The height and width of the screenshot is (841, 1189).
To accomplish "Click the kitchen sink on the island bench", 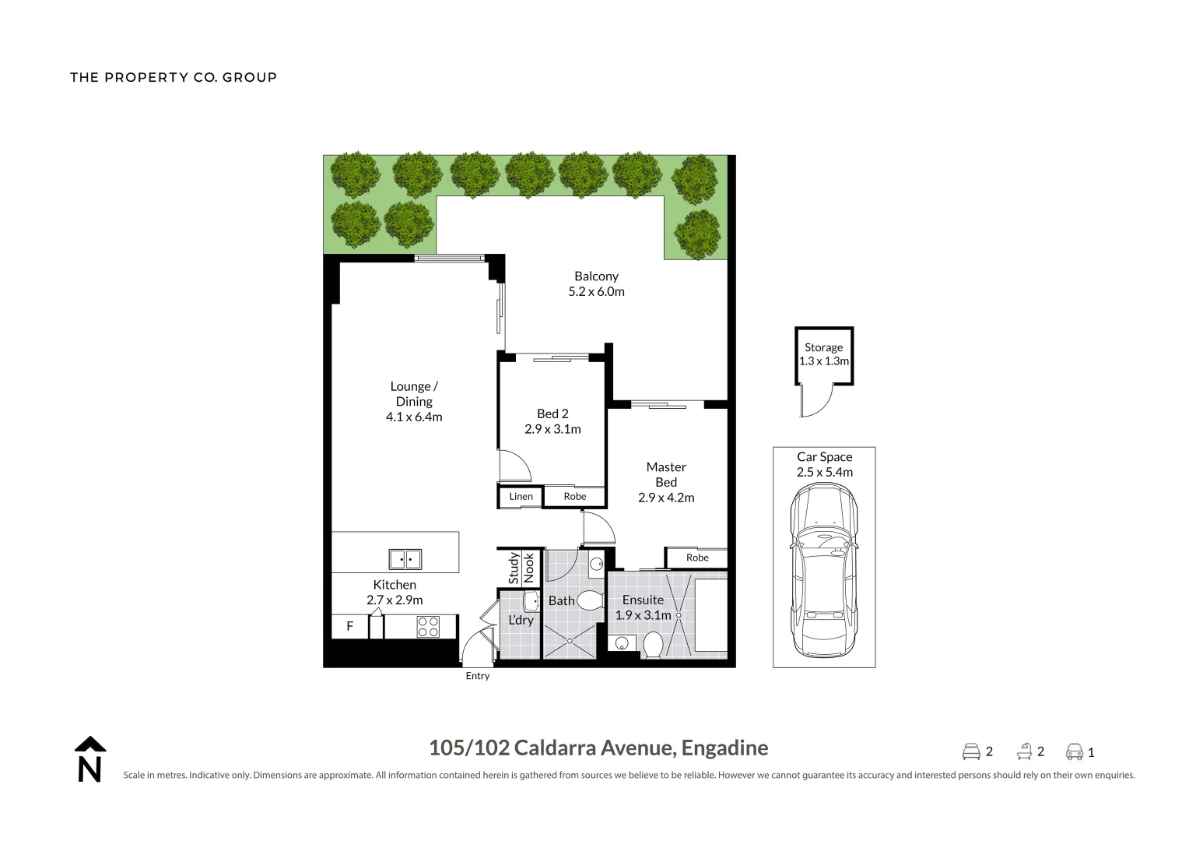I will (405, 559).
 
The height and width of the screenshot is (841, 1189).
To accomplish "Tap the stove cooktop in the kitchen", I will (428, 627).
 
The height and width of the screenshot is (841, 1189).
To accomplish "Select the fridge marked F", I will (350, 626).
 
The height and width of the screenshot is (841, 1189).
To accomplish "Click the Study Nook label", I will (521, 568).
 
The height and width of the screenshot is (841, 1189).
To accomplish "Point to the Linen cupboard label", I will (521, 497).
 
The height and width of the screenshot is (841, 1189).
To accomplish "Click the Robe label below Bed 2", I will (575, 497).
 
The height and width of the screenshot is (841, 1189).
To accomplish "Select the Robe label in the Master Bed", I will (697, 558).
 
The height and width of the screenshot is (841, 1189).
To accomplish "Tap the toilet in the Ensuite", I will (653, 645).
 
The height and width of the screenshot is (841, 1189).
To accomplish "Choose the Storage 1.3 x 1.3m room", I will (824, 355).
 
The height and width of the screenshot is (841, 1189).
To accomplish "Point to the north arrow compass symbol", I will (90, 759).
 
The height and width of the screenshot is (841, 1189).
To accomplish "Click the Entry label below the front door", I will (478, 676).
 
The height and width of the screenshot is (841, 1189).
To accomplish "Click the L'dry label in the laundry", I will (521, 621).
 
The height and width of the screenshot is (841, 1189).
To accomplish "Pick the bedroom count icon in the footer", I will (971, 752).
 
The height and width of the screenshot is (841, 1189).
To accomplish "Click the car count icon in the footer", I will (1075, 752).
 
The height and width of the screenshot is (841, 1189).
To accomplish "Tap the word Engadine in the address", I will (724, 748).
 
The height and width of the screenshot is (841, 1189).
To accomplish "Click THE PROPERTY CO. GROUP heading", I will (174, 77).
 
